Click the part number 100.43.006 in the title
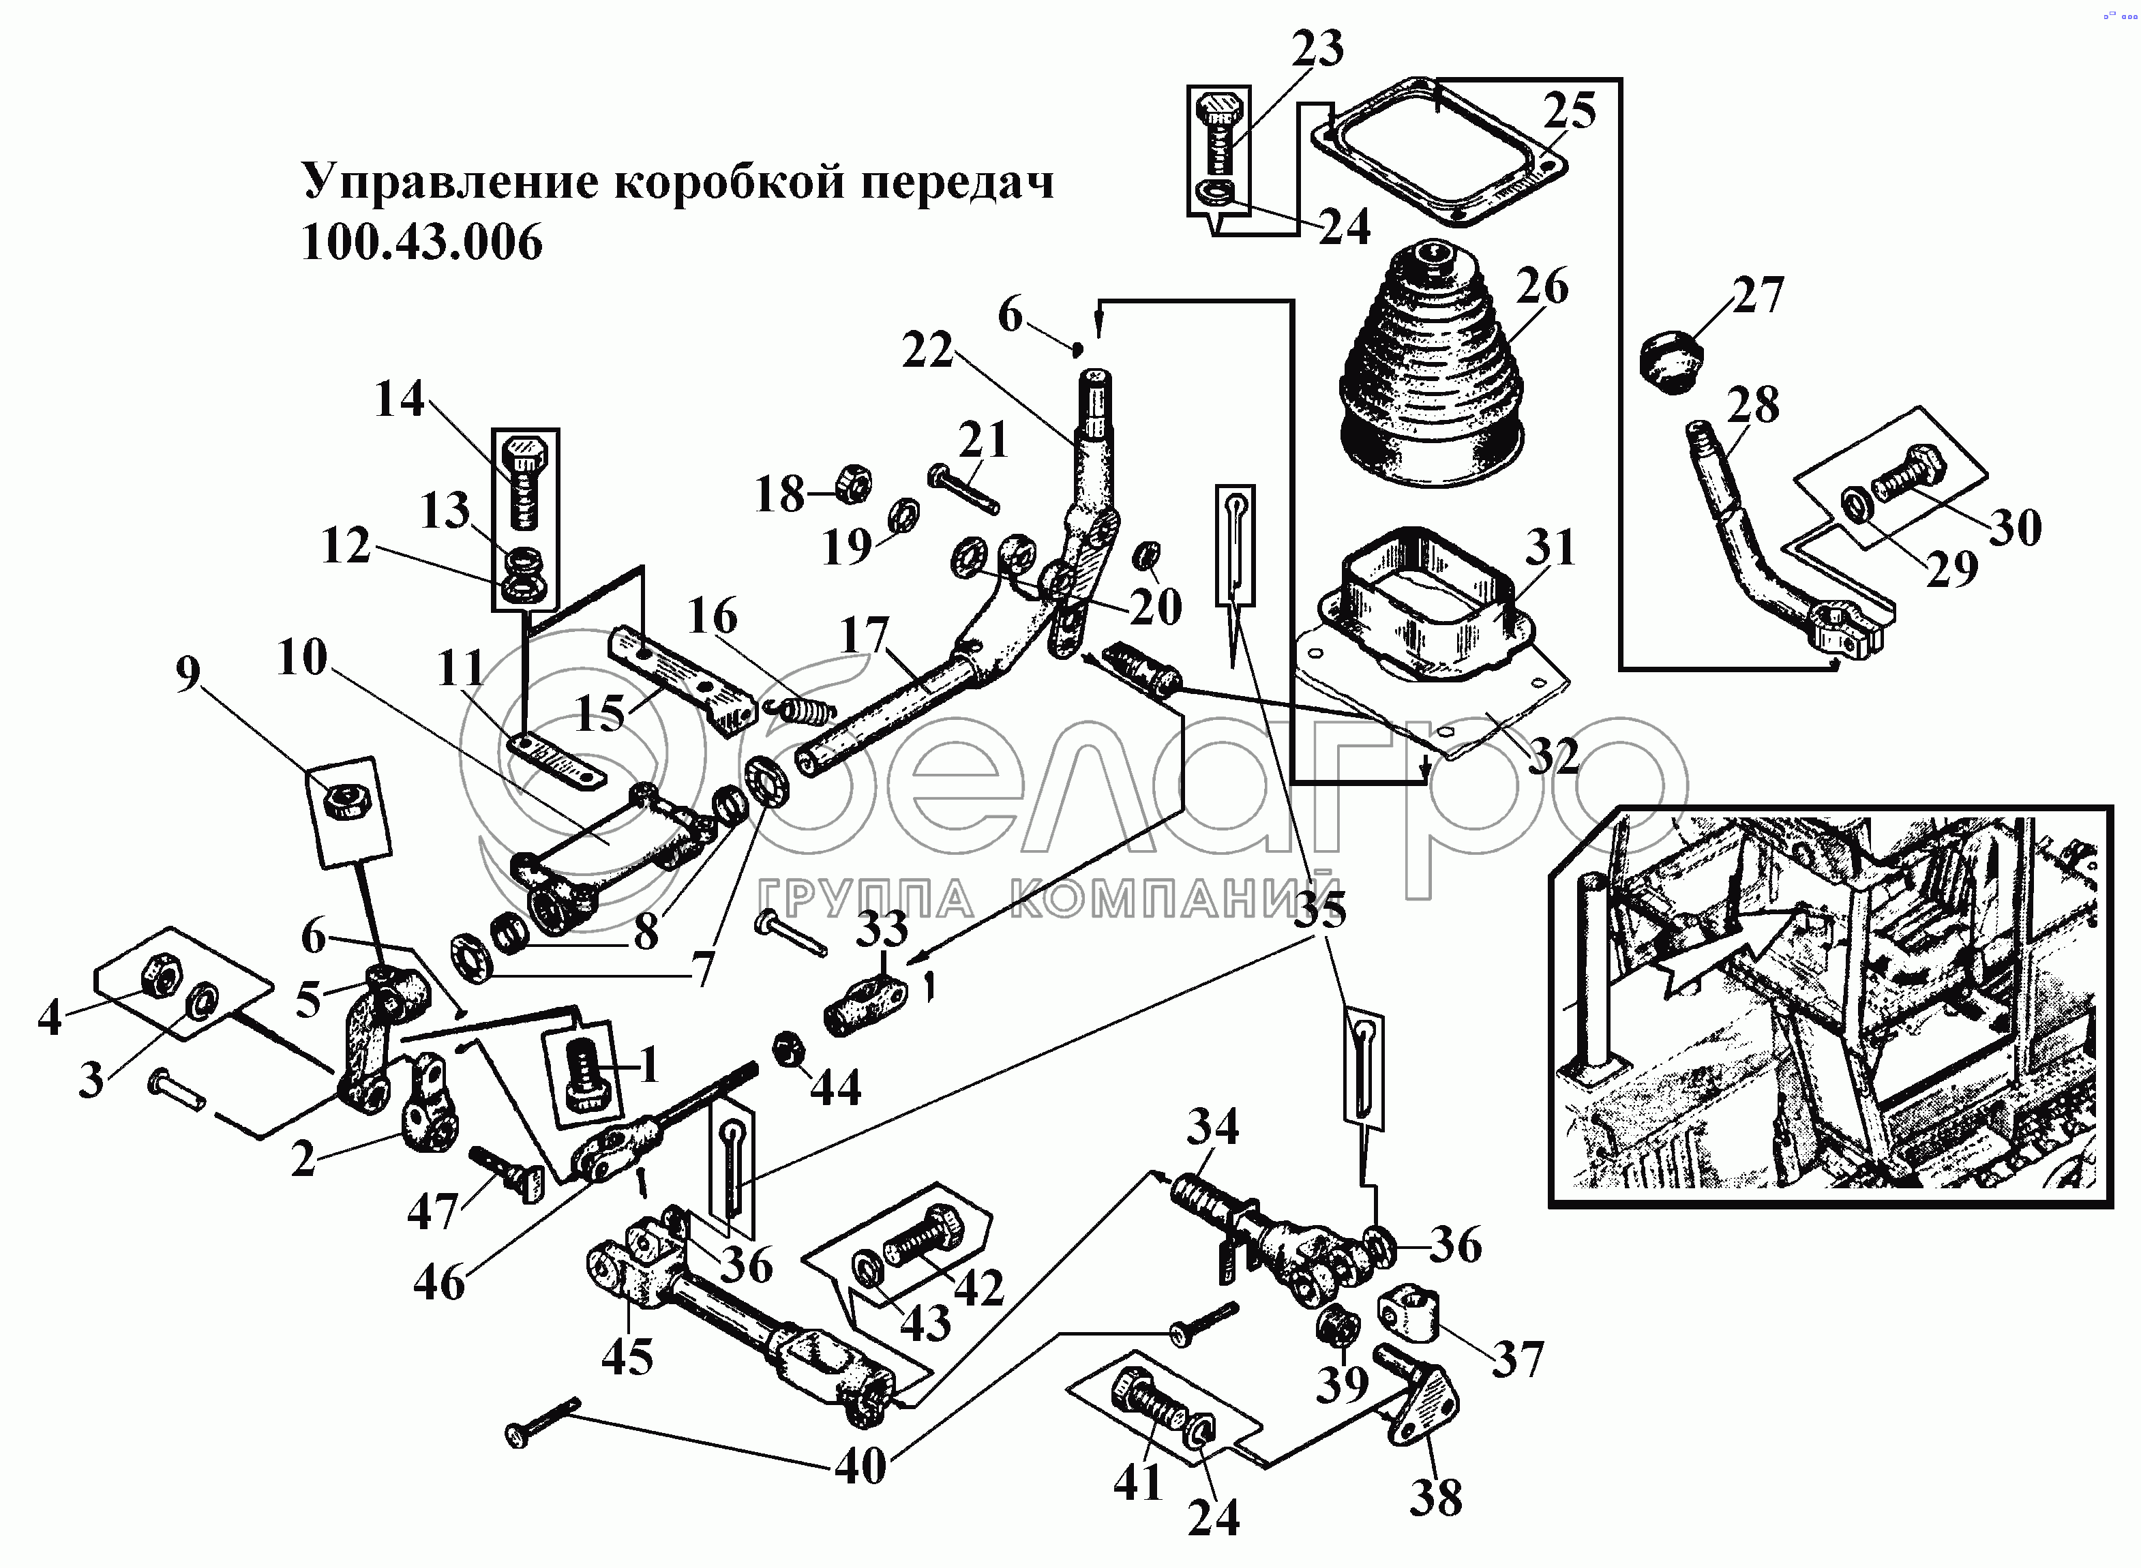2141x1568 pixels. pos(421,243)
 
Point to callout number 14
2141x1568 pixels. pos(399,399)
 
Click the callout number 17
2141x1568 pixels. pos(865,635)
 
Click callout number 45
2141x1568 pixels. pos(627,1357)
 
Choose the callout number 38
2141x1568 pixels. pos(1435,1498)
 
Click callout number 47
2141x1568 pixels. pos(433,1211)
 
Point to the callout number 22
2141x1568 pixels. pos(927,351)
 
